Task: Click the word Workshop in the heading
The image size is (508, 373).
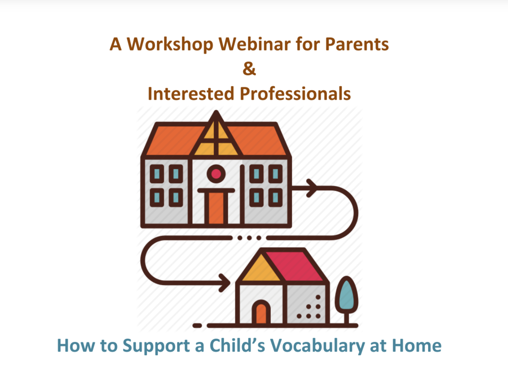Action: [x=170, y=45]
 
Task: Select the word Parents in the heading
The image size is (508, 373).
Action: [x=357, y=44]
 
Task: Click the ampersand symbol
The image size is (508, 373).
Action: [x=249, y=68]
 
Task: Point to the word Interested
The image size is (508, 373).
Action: [x=191, y=94]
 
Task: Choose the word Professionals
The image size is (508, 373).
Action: [x=295, y=94]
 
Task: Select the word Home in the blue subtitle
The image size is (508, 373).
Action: [x=417, y=345]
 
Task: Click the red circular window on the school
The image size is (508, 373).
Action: [x=216, y=174]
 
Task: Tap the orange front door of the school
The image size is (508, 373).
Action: [x=216, y=208]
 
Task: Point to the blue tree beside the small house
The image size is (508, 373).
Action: [x=346, y=296]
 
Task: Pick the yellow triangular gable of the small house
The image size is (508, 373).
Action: [x=261, y=269]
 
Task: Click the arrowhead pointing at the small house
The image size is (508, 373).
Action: [x=225, y=282]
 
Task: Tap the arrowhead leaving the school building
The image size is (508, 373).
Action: [x=312, y=188]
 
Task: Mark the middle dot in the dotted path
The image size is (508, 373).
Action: [x=249, y=238]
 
